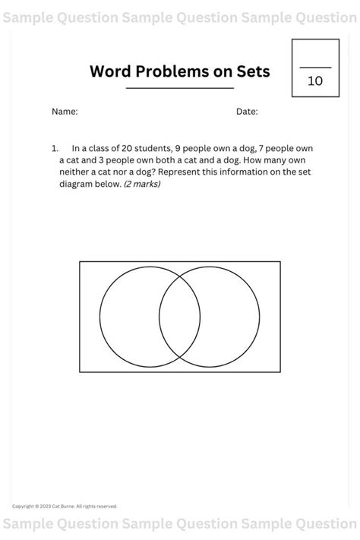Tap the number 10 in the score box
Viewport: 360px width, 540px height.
pyautogui.click(x=314, y=81)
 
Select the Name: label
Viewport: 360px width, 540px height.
pyautogui.click(x=65, y=112)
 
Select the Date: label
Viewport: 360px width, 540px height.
pyautogui.click(x=247, y=112)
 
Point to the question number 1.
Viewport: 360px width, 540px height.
pyautogui.click(x=55, y=148)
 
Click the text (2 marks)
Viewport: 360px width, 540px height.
pyautogui.click(x=142, y=184)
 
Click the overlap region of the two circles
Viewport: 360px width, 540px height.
pyautogui.click(x=180, y=317)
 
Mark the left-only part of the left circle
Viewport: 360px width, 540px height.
pyautogui.click(x=128, y=317)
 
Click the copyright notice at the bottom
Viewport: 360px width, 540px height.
pyautogui.click(x=65, y=506)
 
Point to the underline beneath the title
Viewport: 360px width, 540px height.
pyautogui.click(x=180, y=88)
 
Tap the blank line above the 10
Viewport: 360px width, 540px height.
pyautogui.click(x=314, y=68)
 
